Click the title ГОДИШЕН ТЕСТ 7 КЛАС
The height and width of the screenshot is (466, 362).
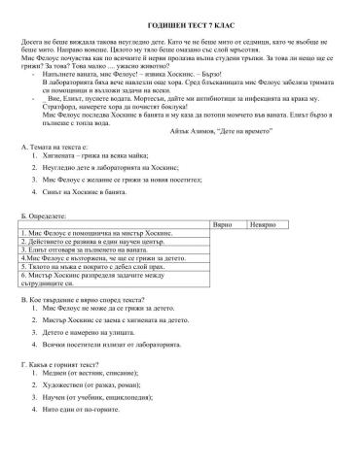[x=180, y=20]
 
